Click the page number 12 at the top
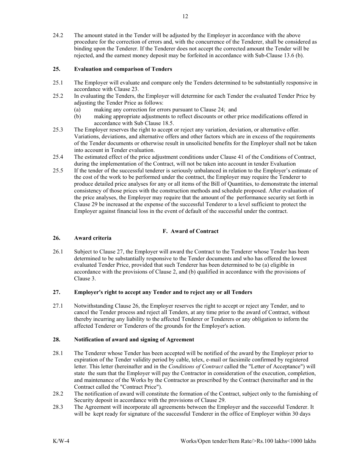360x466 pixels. [x=185, y=16]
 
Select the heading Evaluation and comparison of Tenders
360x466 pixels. [x=123, y=69]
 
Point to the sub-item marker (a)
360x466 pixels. [x=77, y=109]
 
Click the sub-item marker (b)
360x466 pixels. [x=77, y=116]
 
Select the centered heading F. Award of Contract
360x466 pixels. [x=191, y=231]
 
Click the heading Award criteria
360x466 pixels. [x=93, y=238]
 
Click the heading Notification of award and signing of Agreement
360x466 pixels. [x=134, y=339]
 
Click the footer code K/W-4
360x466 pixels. [x=61, y=441]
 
